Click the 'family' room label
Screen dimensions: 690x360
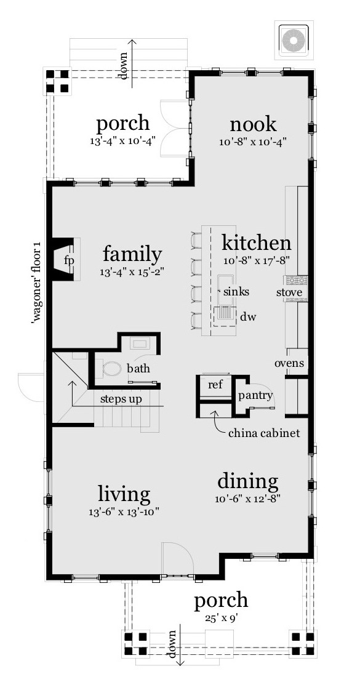[x=132, y=254]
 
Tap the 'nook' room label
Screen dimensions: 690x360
[x=252, y=124]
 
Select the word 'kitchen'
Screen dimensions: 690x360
[x=256, y=242]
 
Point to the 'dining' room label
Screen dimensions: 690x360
[x=248, y=480]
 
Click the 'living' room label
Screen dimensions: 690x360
[x=124, y=494]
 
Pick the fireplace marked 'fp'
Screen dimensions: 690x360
[x=69, y=260]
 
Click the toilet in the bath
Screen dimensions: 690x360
[x=113, y=369]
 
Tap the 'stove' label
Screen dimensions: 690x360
[x=289, y=292]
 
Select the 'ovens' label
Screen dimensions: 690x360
[x=289, y=363]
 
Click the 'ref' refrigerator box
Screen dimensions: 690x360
[x=215, y=385]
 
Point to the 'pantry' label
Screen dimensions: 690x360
[x=255, y=395]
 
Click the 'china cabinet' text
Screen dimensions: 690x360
[x=264, y=433]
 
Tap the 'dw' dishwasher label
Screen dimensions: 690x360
[x=248, y=317]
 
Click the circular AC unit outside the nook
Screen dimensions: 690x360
[x=293, y=40]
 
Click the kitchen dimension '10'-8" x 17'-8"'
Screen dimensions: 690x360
[x=256, y=260]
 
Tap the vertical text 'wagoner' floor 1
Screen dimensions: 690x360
[x=36, y=283]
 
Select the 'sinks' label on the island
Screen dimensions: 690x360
[x=236, y=291]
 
